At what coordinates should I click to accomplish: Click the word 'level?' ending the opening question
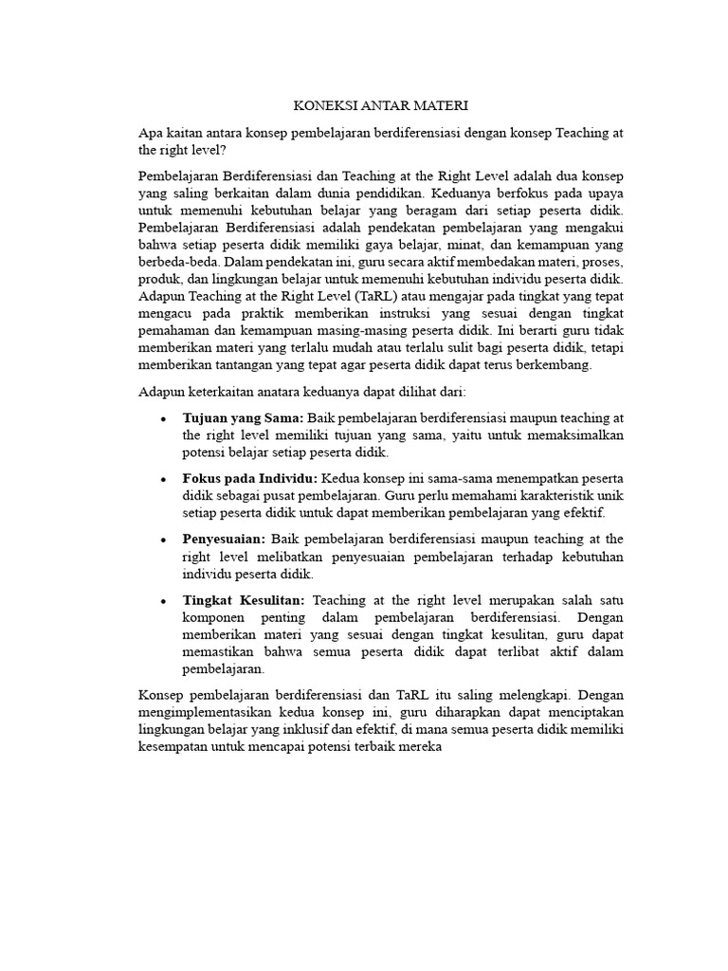[x=208, y=150]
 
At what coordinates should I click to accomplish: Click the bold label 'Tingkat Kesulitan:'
[x=244, y=600]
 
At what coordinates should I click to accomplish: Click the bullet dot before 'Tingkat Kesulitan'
[x=164, y=601]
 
